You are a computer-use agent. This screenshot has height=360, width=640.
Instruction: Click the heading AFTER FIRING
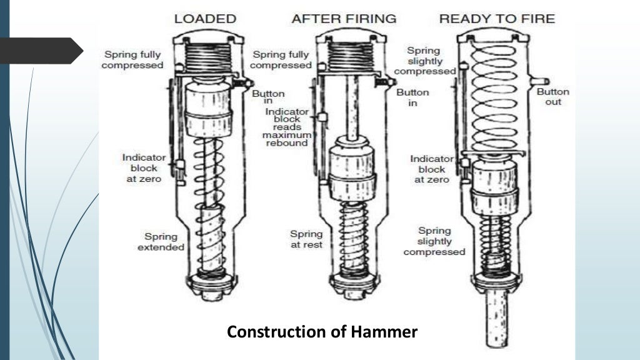[344, 18]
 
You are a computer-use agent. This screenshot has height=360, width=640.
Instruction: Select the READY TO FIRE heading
[497, 18]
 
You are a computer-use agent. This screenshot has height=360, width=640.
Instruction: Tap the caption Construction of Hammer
[322, 332]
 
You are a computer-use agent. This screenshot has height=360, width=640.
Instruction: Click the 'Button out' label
[553, 96]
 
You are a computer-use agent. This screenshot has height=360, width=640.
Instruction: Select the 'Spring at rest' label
[306, 239]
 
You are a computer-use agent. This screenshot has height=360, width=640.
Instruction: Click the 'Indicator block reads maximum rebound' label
[285, 127]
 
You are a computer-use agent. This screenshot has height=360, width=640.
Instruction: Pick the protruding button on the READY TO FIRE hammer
[541, 81]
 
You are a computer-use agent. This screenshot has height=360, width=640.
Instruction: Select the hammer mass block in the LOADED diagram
[209, 109]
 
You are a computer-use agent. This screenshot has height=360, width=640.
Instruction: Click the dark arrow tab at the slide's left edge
[41, 51]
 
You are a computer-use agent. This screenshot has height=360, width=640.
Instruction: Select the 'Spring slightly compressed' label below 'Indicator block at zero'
[434, 241]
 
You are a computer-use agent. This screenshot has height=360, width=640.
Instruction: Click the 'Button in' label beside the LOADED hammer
[268, 97]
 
